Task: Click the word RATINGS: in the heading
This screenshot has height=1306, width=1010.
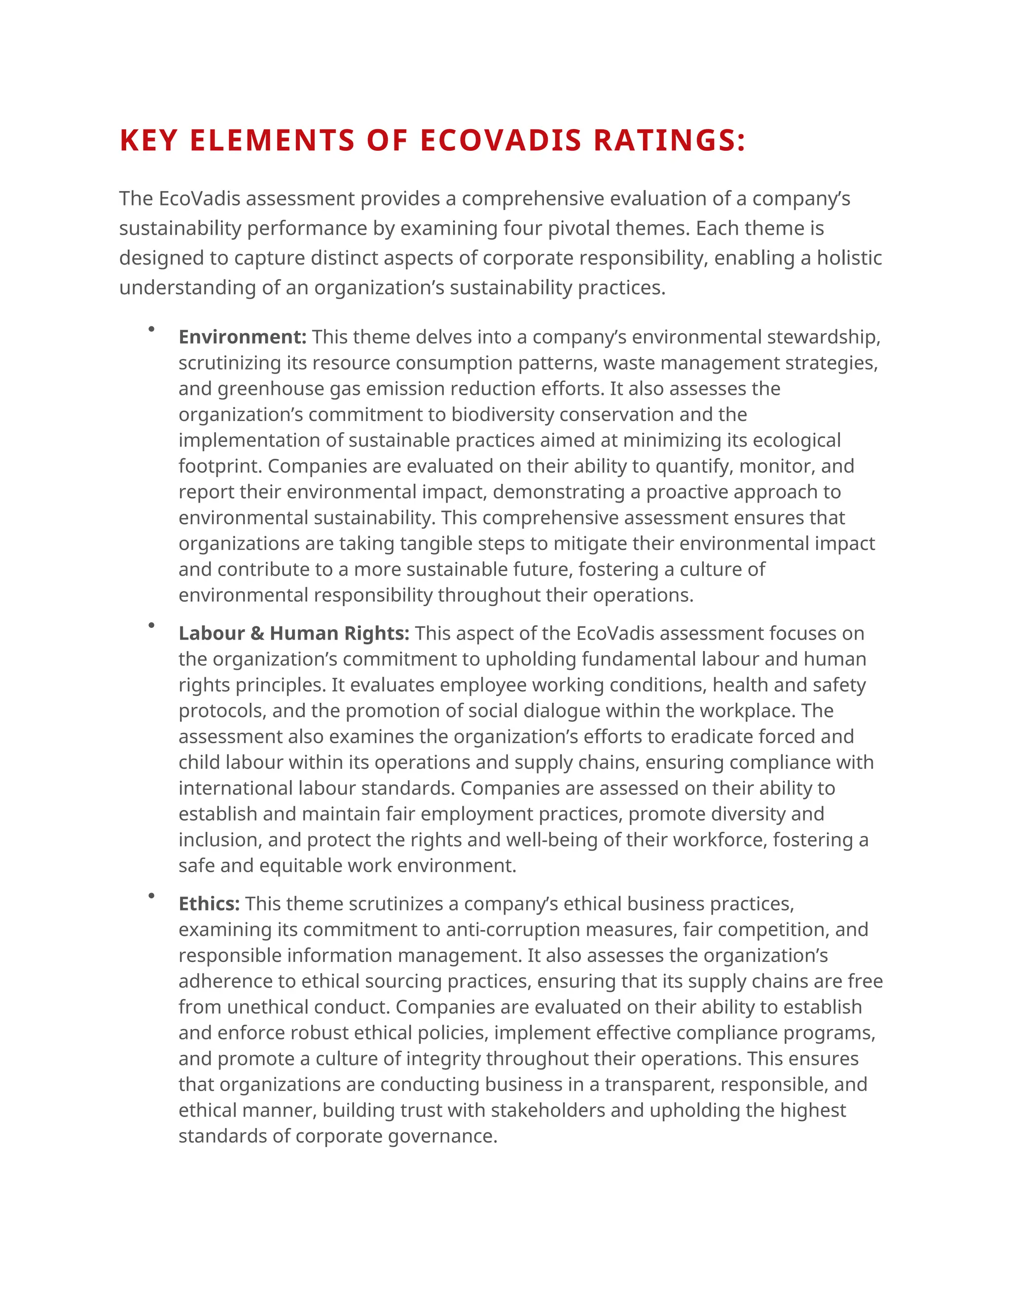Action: (x=670, y=140)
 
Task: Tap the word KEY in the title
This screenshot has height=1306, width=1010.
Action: (x=148, y=140)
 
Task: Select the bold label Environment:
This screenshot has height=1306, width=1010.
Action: (x=242, y=337)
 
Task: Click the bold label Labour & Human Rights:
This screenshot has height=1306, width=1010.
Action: (x=294, y=633)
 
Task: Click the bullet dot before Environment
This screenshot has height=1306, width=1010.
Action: (x=151, y=329)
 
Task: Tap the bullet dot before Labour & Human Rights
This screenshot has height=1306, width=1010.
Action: (x=151, y=625)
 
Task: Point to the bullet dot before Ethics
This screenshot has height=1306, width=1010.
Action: (x=151, y=895)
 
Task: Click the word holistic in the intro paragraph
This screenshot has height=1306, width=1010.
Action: (x=849, y=258)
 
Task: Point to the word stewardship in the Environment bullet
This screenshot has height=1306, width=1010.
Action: (x=823, y=337)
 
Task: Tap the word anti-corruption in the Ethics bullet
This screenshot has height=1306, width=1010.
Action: (x=513, y=929)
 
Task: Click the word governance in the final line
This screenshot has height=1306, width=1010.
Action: (x=442, y=1135)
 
